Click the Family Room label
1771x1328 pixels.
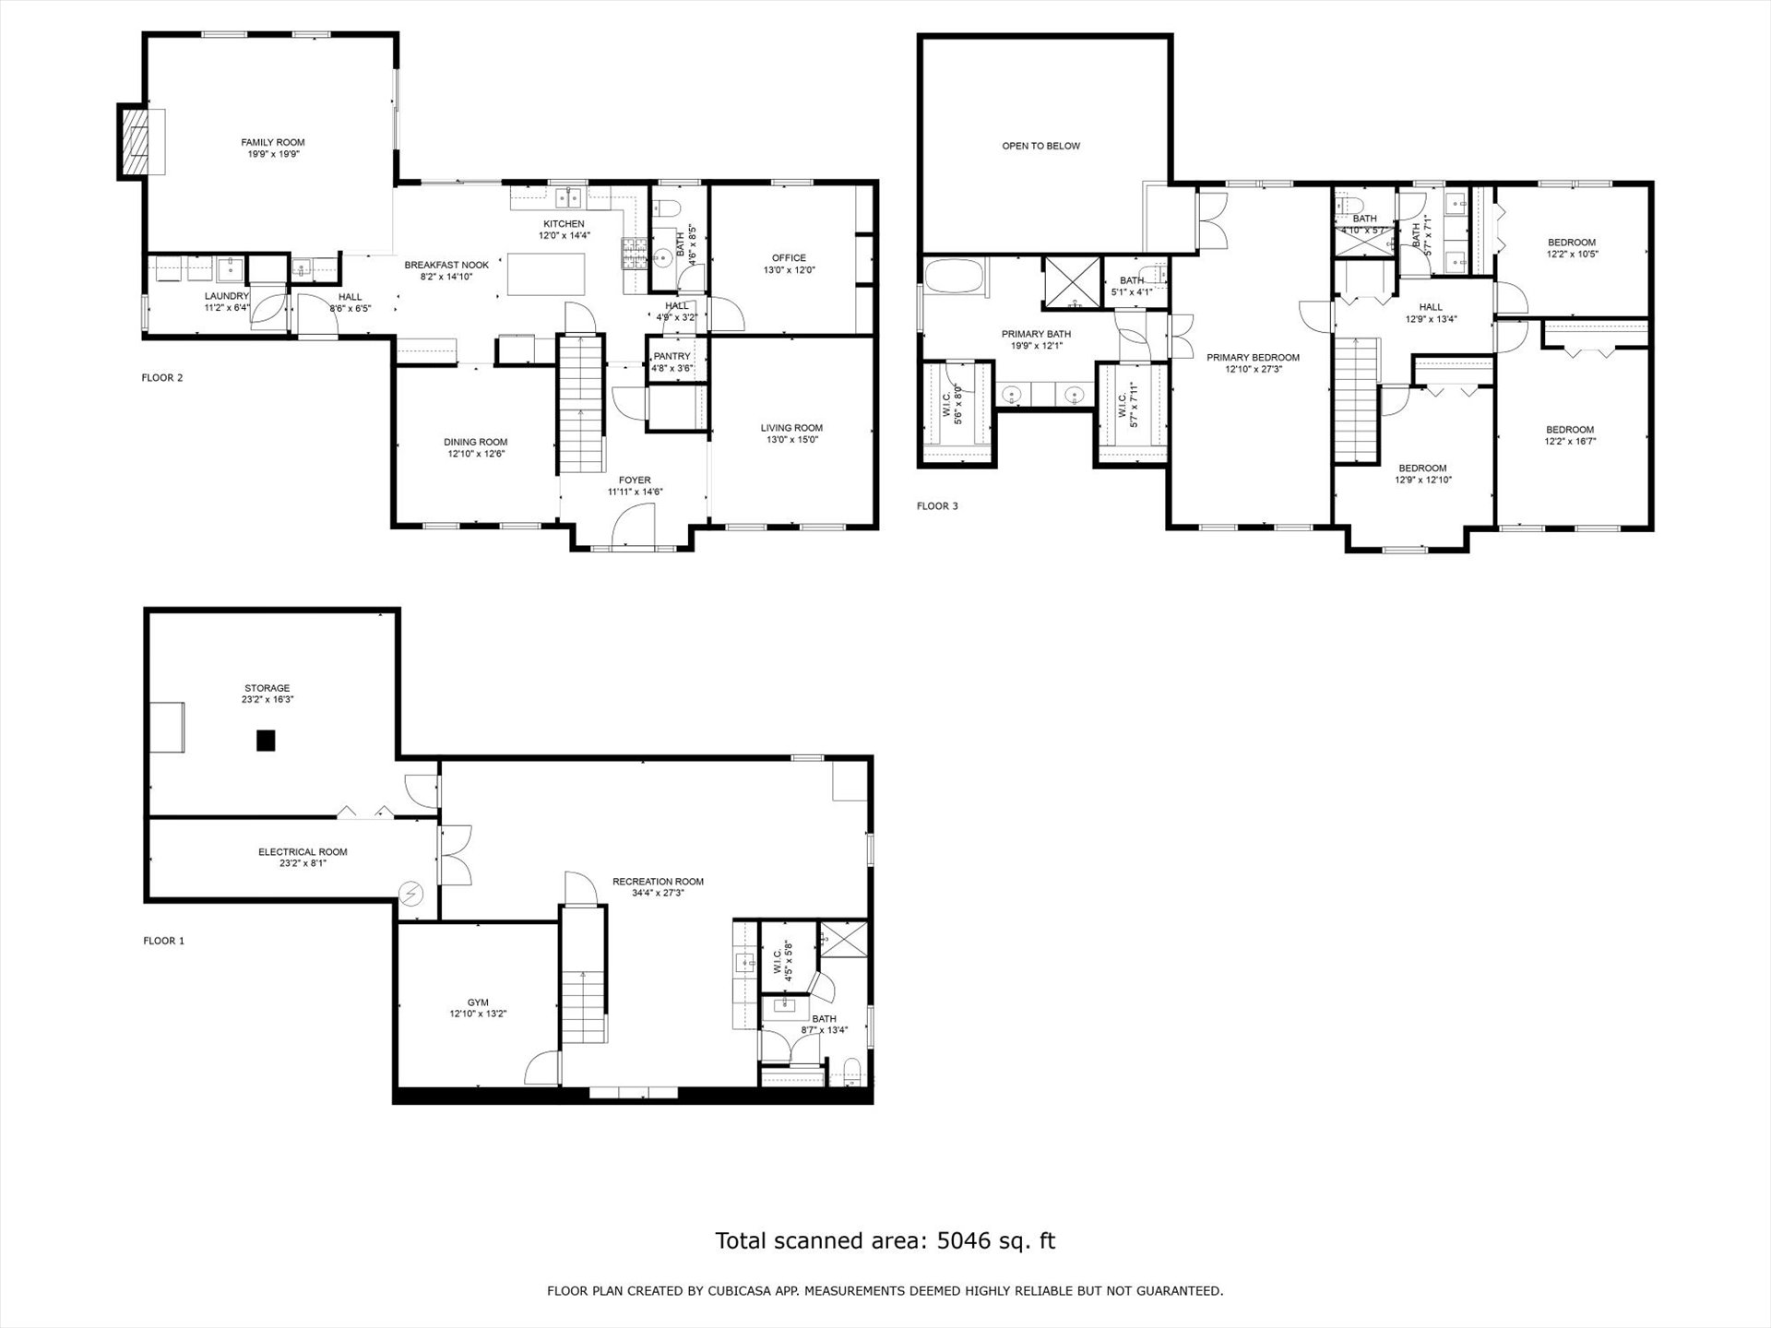tap(273, 142)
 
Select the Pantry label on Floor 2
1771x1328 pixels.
tap(672, 356)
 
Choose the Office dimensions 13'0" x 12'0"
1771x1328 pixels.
tap(790, 270)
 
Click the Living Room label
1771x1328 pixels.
tap(791, 428)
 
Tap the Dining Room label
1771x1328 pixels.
tap(476, 442)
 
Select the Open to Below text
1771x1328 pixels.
tap(1041, 146)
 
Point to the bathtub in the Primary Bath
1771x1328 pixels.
tap(955, 277)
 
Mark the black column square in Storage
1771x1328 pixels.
tap(267, 740)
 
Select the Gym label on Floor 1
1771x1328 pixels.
tap(478, 1002)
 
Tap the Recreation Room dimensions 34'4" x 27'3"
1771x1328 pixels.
tap(659, 893)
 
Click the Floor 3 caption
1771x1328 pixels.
tap(937, 506)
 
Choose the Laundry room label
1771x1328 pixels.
tap(227, 296)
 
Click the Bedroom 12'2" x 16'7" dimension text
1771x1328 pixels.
tap(1570, 441)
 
